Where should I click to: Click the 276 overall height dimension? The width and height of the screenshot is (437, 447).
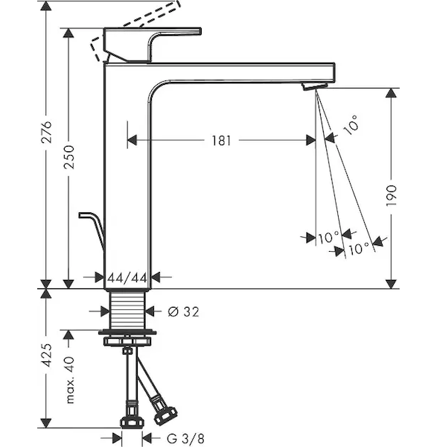tap(46, 132)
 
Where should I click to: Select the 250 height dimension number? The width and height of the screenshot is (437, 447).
tap(68, 157)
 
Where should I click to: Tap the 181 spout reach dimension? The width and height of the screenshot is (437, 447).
tap(221, 141)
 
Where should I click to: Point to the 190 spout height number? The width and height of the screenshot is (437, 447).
tap(391, 196)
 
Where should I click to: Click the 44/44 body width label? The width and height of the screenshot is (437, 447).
tap(127, 278)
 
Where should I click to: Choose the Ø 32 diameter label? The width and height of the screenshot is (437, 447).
tap(183, 312)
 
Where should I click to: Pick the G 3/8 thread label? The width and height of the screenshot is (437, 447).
tap(185, 439)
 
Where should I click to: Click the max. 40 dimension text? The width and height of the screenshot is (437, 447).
tap(70, 380)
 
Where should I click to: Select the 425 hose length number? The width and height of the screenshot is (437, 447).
tap(46, 355)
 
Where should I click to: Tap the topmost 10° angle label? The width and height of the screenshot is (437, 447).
tap(351, 125)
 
